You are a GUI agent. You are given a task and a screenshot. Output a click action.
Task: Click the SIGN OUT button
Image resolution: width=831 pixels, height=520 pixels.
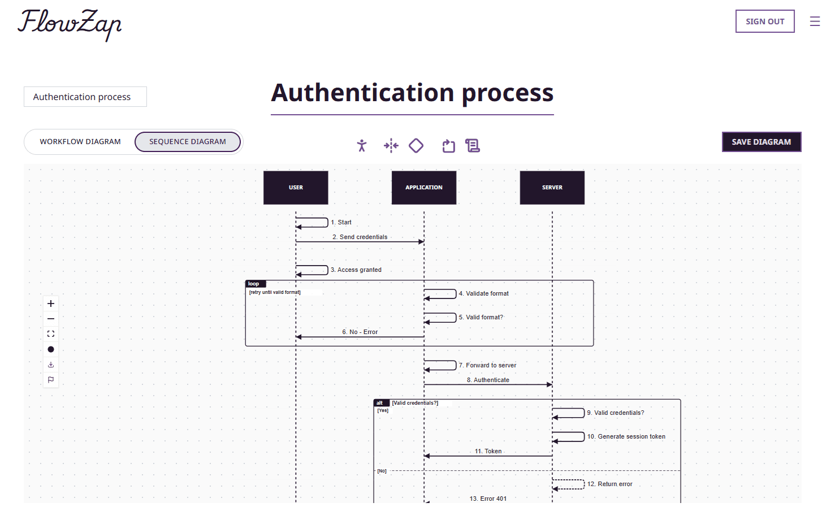(x=764, y=21)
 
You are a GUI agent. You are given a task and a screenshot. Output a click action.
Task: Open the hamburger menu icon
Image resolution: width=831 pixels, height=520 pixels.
(x=815, y=21)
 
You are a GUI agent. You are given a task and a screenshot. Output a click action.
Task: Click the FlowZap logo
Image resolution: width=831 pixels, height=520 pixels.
(x=70, y=24)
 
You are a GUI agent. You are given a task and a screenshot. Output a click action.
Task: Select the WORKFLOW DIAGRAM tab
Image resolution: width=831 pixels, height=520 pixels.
(x=80, y=142)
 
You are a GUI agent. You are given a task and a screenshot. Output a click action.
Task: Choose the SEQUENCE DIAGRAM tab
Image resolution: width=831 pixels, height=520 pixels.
(x=188, y=142)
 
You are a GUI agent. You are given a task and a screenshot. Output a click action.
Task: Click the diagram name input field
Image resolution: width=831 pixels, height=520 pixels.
(x=85, y=97)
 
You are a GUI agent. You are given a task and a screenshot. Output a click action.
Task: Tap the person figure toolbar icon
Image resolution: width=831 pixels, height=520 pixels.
(x=362, y=146)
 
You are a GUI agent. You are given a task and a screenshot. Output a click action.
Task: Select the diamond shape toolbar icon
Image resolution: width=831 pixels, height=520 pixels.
(x=416, y=146)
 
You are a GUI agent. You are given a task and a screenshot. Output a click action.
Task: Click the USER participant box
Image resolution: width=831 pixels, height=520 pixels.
(x=296, y=188)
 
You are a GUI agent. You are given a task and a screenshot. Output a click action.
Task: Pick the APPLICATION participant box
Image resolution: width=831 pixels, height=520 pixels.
(x=424, y=188)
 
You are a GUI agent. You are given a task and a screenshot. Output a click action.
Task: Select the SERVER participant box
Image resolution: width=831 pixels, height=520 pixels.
(x=552, y=188)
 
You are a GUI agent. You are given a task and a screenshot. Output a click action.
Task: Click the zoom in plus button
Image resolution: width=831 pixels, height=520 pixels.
(x=51, y=304)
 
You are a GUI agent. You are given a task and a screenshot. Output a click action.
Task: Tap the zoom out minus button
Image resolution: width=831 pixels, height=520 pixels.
(x=51, y=319)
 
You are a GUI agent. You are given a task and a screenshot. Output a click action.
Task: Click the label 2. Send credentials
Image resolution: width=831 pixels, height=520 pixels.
(x=360, y=237)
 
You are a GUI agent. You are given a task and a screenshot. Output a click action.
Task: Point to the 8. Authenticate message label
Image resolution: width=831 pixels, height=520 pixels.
(x=488, y=380)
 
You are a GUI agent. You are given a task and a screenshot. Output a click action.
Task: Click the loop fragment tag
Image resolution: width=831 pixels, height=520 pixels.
(x=254, y=284)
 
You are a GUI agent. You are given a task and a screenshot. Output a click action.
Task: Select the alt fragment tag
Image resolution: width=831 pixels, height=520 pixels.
(x=380, y=403)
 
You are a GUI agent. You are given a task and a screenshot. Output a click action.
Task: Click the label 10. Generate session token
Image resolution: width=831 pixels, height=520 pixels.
(x=626, y=436)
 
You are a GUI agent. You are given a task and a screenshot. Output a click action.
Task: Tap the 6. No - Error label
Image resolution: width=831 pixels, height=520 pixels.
(x=360, y=332)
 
